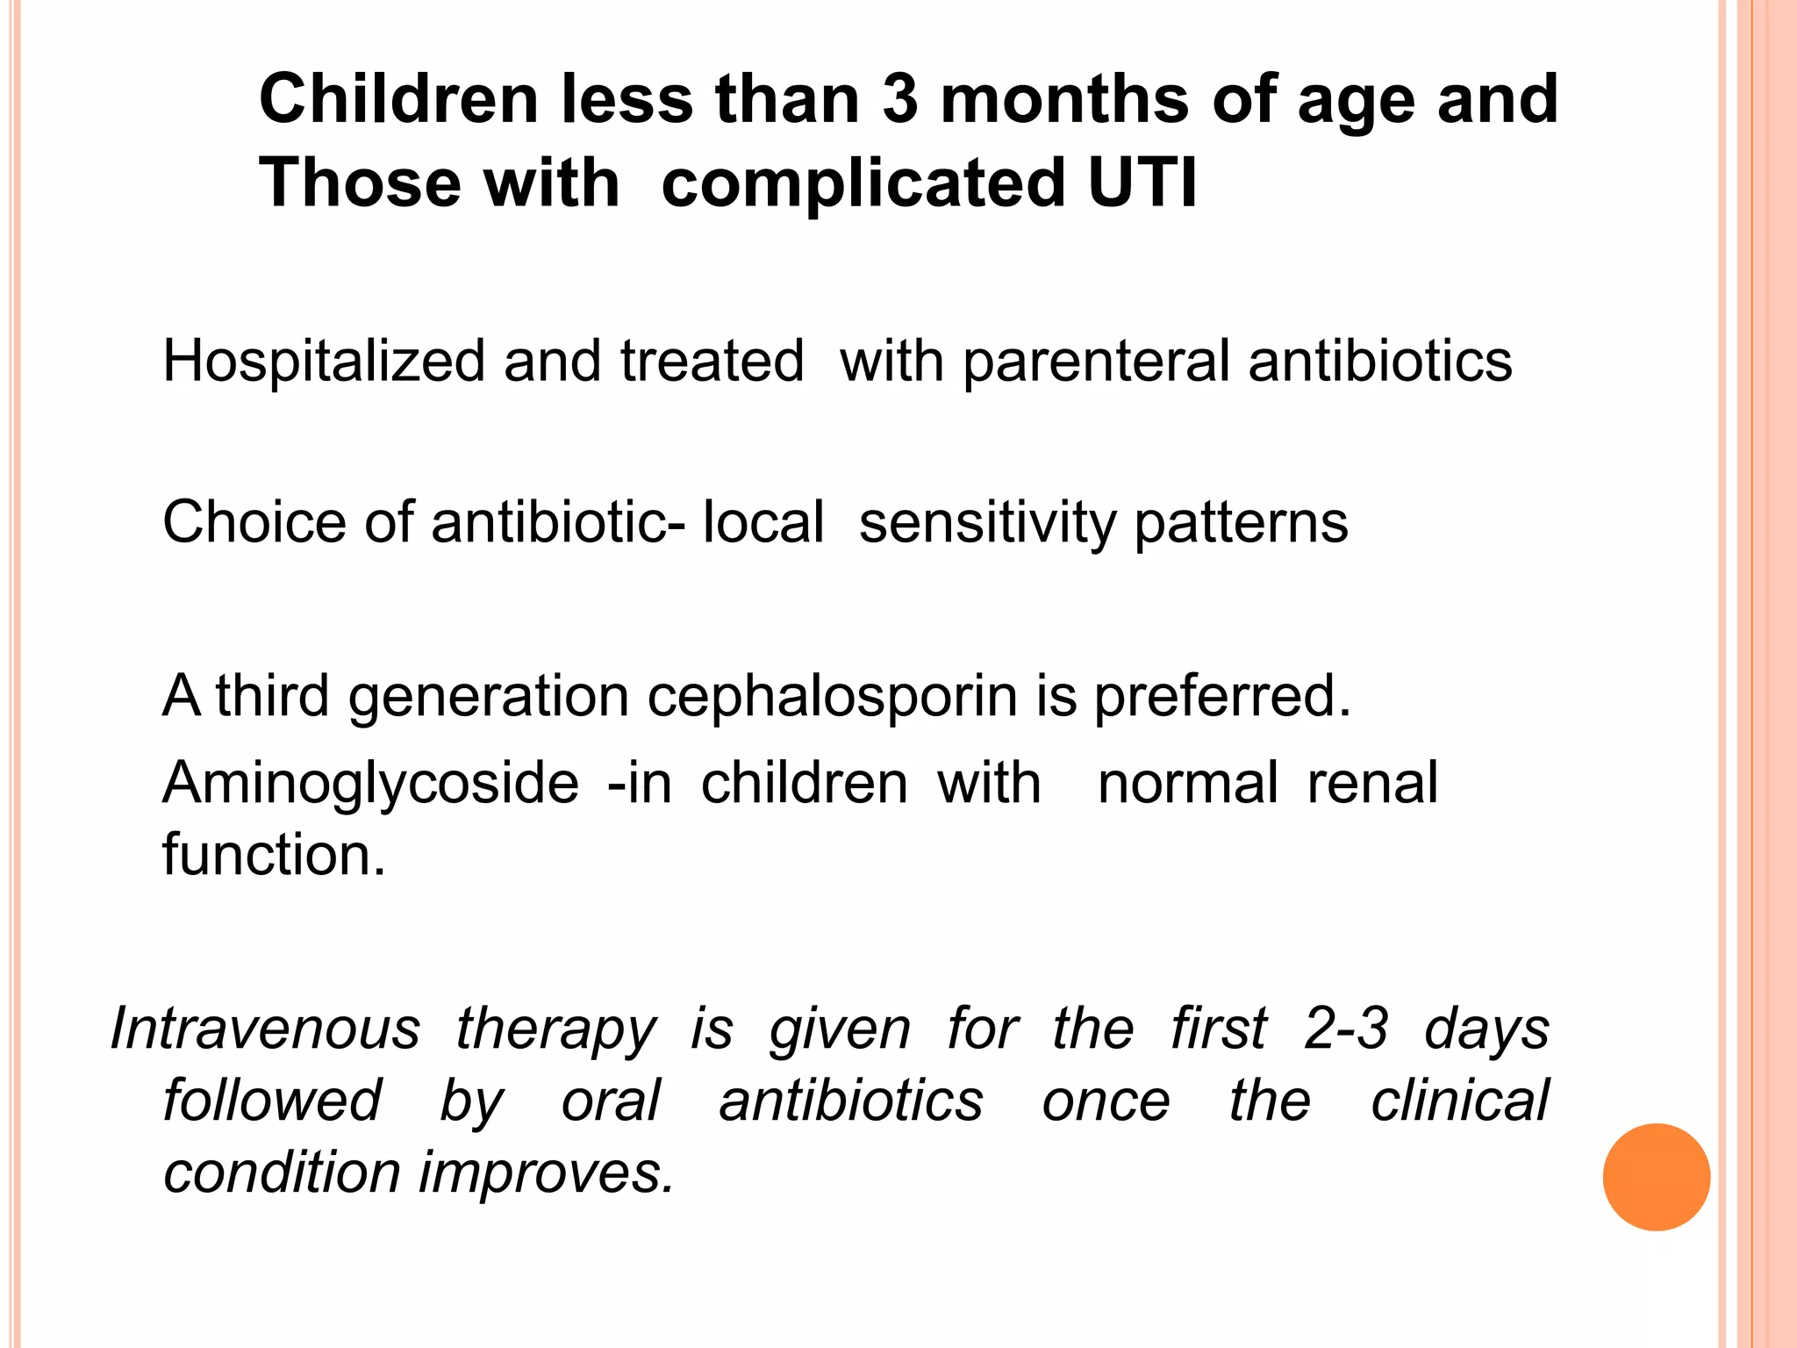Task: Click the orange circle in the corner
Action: click(x=1656, y=1177)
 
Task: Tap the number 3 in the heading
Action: click(x=899, y=98)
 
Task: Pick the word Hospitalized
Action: click(x=323, y=362)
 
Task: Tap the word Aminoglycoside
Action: click(x=370, y=783)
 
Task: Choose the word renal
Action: click(x=1372, y=782)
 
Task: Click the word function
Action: click(x=274, y=855)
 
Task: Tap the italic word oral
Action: click(x=611, y=1101)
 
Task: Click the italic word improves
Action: click(x=546, y=1173)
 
